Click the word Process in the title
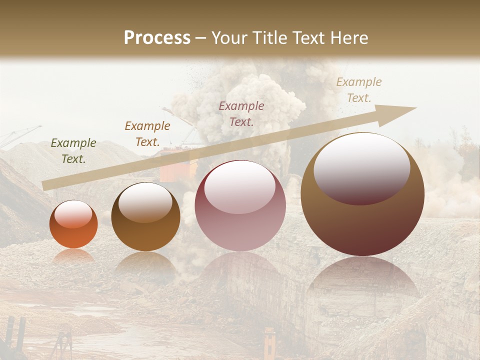point(157,38)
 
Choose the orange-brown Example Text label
point(147,134)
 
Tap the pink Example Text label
point(241,113)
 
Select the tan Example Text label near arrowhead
point(359,90)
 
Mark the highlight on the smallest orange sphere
point(73,214)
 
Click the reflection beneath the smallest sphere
point(73,256)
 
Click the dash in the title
point(201,38)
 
